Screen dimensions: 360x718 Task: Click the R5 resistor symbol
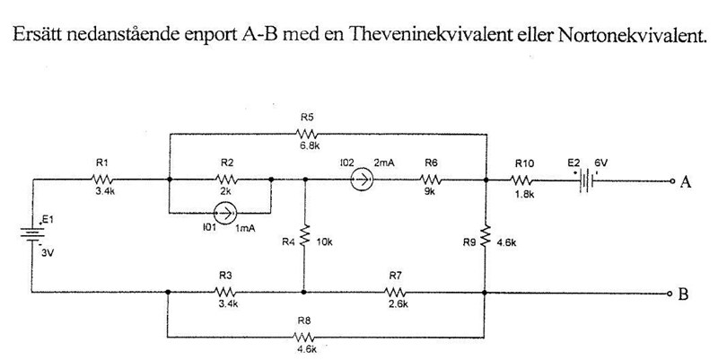307,134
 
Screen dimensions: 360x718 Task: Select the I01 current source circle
224,215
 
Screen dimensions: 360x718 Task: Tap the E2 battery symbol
586,180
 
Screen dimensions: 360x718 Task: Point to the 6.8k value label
307,146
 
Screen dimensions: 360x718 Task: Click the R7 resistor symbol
396,292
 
